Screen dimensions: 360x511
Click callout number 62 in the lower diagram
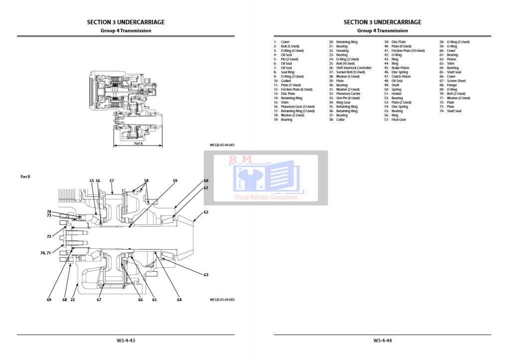(206, 212)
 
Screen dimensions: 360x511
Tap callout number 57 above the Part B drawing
(112, 180)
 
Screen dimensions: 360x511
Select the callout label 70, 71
(45, 253)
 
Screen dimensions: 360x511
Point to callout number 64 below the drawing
(179, 300)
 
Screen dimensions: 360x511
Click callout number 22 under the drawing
(73, 300)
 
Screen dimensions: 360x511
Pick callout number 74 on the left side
(49, 211)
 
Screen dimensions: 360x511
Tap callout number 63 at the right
(206, 275)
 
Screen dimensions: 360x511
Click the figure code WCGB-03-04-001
(222, 145)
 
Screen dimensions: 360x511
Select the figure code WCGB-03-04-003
(222, 300)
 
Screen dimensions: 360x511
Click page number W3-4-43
(126, 341)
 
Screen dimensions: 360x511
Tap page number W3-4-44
(382, 341)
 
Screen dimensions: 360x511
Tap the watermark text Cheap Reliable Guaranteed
(266, 197)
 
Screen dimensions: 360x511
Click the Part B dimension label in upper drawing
(138, 143)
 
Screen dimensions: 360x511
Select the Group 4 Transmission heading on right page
(382, 31)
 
